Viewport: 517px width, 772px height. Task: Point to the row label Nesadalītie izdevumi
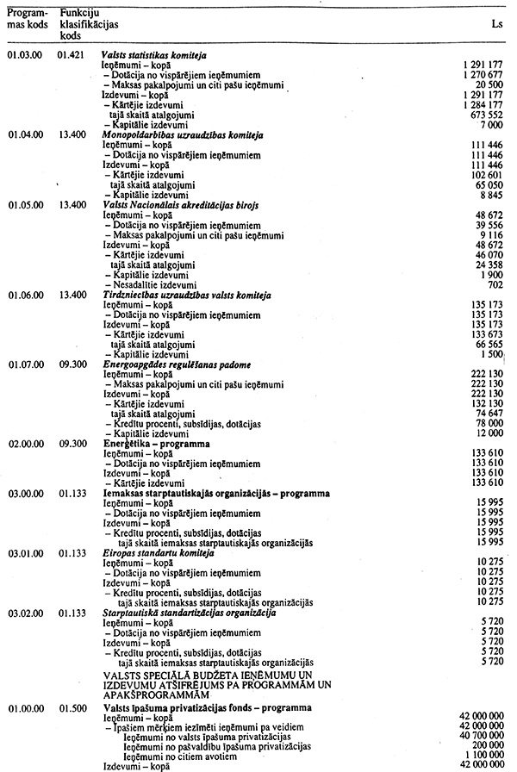[160, 284]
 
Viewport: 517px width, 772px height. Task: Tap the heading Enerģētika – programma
[151, 444]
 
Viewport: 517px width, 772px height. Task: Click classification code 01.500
[74, 707]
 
